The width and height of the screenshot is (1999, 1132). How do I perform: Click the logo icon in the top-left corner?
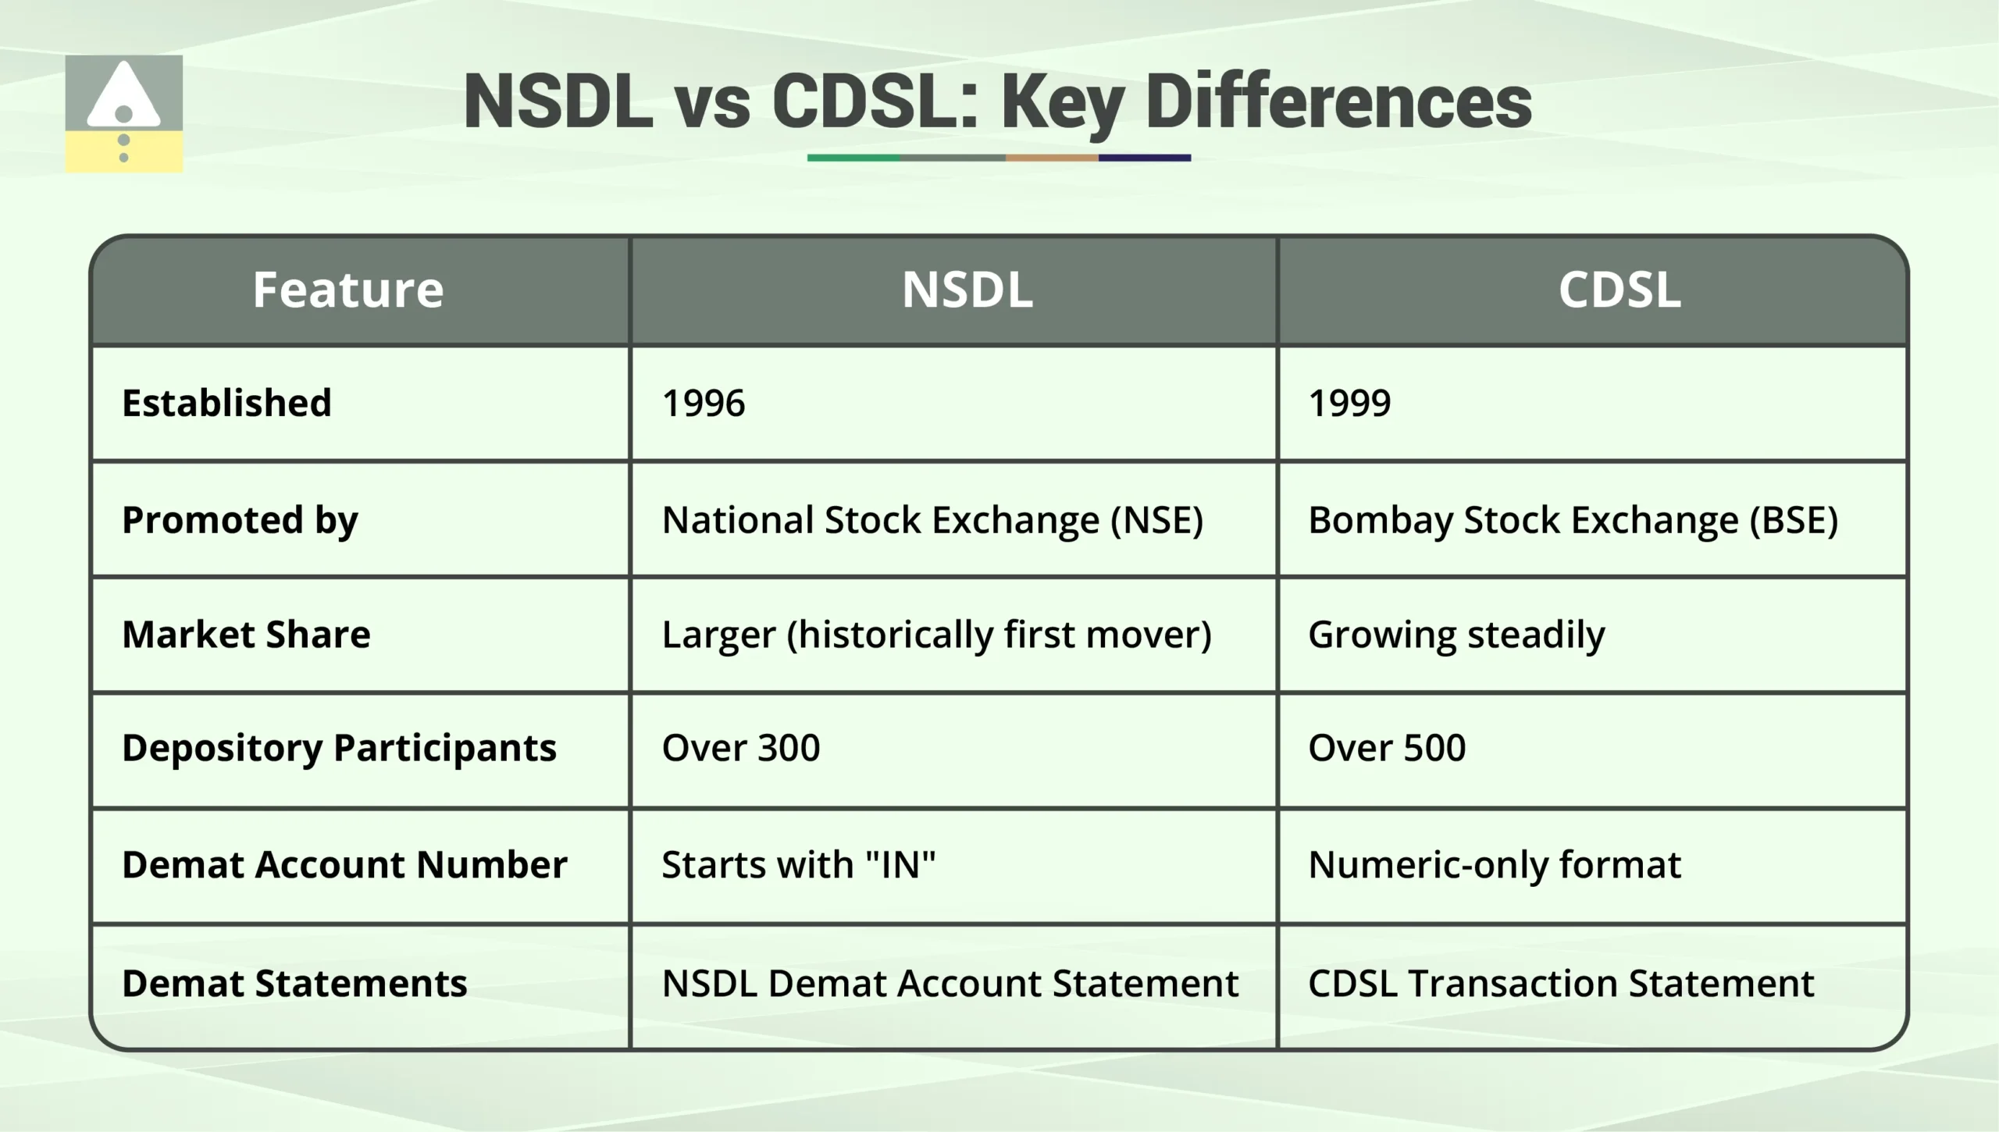[x=123, y=114]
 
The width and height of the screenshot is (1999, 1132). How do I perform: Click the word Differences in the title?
[x=1338, y=102]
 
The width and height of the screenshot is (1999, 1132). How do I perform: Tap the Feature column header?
[x=347, y=290]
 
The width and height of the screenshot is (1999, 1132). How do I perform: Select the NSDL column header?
[x=967, y=290]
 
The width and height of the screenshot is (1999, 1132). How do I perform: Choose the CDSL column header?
[x=1619, y=290]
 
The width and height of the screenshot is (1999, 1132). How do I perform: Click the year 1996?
[x=703, y=404]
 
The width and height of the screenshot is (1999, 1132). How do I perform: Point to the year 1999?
[x=1349, y=404]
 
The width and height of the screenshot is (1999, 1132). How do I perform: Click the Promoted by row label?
[x=240, y=520]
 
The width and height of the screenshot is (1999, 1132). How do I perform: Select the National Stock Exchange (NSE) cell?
[x=932, y=520]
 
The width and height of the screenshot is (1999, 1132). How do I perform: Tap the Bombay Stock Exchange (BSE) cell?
[x=1573, y=520]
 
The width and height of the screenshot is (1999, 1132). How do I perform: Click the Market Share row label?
[x=246, y=634]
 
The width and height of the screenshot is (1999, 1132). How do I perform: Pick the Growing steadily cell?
[x=1456, y=634]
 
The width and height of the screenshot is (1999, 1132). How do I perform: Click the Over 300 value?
[x=740, y=748]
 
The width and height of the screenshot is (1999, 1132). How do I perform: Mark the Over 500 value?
[x=1387, y=748]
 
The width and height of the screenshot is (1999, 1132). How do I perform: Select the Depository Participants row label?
[x=339, y=748]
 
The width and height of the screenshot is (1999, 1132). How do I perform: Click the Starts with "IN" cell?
[x=798, y=865]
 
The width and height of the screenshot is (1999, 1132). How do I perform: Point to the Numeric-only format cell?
[x=1494, y=865]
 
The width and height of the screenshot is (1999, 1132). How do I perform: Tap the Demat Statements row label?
[x=294, y=984]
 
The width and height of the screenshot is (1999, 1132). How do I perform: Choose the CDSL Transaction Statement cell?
[x=1560, y=984]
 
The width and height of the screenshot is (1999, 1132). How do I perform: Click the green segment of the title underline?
[x=853, y=158]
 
